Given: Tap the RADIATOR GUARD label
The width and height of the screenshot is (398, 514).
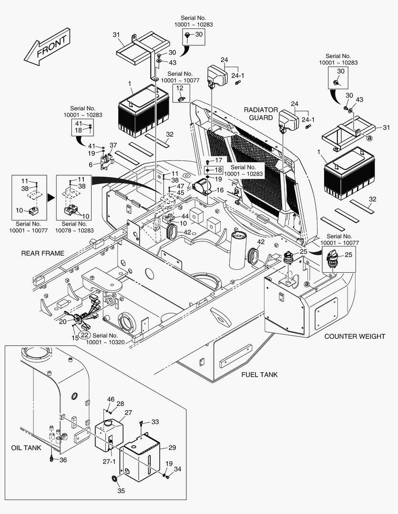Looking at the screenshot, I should pos(261,114).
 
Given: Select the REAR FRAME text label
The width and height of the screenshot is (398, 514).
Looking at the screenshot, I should pos(42,253).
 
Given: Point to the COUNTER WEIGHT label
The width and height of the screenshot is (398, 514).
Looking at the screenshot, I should pos(355,336).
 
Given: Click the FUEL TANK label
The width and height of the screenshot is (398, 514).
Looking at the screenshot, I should pos(259,375).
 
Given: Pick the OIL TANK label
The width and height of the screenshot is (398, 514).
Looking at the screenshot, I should pos(26,448).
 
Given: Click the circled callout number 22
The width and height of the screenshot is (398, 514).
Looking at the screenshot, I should pos(84,335).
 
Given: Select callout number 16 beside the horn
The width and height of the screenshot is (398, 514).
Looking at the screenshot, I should pos(220,190).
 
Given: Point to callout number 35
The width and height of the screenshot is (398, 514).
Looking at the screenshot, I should pos(121,491).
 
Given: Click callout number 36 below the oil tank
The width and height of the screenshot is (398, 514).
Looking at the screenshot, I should pos(63,460).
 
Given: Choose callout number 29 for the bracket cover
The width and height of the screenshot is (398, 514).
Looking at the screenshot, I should pos(172,448).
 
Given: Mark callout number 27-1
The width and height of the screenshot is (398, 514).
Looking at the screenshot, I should pos(110,462).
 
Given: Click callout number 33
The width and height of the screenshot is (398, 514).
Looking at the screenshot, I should pos(155,422).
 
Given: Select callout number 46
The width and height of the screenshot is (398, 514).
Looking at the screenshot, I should pos(111,399).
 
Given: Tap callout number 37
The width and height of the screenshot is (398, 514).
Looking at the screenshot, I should pos(113,145).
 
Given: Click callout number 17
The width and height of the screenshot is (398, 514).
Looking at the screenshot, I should pos(219,160).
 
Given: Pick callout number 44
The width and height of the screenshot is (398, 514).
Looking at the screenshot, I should pos(184,216).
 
